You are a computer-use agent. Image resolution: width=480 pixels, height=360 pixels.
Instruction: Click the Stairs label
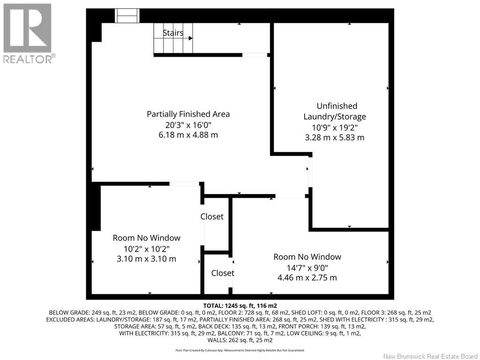coord(173,33)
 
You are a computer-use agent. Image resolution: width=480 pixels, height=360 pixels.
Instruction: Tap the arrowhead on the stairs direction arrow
coord(190,38)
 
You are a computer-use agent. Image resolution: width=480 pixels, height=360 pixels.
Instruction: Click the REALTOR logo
coord(28,33)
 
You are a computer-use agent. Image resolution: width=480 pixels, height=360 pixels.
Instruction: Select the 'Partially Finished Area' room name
coord(188,114)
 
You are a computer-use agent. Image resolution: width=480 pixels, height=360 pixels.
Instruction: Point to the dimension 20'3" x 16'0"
coord(188,125)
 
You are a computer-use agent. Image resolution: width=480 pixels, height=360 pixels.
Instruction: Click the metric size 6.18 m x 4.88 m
coord(188,135)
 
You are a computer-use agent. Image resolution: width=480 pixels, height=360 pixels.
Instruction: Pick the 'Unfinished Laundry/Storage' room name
coord(335,111)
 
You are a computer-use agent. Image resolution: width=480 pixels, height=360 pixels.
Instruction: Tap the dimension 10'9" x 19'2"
coord(335,127)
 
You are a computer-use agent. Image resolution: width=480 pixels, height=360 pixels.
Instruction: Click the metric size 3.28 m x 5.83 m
coord(335,137)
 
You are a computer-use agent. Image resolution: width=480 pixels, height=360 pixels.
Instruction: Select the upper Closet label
coord(212,217)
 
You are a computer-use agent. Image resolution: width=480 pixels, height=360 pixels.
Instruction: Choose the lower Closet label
coord(223,273)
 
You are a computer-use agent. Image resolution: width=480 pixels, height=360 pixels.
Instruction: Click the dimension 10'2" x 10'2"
coord(147,248)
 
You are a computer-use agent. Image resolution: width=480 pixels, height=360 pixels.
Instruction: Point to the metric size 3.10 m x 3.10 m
coord(147,259)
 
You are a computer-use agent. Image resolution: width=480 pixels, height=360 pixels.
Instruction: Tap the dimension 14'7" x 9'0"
coord(307,268)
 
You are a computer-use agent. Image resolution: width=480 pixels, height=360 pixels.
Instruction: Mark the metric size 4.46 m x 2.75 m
coord(307,277)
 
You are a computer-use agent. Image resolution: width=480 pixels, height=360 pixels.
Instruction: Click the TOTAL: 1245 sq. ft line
coord(240,306)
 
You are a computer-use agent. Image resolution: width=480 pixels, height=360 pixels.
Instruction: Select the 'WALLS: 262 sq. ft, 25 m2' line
coord(240,340)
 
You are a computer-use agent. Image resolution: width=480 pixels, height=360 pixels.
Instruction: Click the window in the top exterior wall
coord(127,15)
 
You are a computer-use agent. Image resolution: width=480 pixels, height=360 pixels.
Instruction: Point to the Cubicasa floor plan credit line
coord(240,350)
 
